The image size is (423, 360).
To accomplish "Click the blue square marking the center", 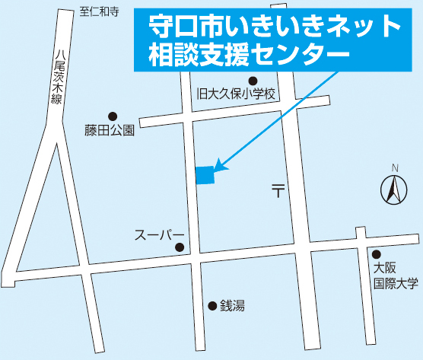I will click(205, 175).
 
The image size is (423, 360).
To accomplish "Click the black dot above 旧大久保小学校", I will click(253, 81).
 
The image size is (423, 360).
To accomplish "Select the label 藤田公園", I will click(110, 130).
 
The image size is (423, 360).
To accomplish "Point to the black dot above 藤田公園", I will click(113, 116).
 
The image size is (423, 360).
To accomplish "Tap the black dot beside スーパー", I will click(180, 247).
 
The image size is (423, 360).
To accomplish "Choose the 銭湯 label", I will click(232, 306).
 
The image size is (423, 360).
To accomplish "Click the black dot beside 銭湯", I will click(212, 306).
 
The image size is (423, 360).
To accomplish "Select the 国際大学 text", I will click(395, 283).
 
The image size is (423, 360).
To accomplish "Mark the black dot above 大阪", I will click(376, 253).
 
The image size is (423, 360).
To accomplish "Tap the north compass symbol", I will click(393, 190).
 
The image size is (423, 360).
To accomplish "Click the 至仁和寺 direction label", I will click(99, 11).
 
